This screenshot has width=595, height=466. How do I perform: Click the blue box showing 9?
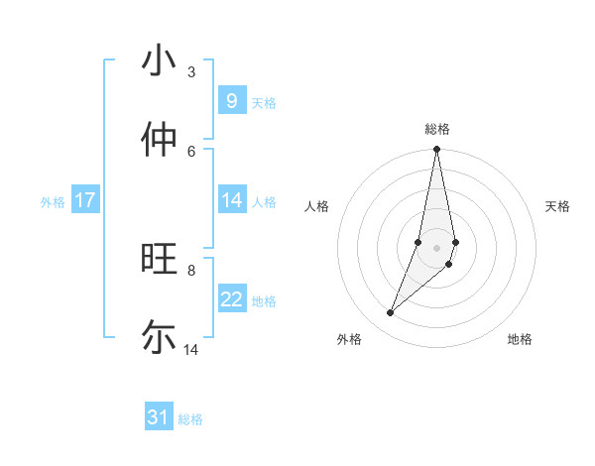point(231,101)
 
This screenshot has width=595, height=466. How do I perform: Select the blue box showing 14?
point(231,200)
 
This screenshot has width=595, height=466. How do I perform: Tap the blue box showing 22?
point(231,299)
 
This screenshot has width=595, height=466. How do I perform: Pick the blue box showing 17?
point(85,200)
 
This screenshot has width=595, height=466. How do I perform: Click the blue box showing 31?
point(159,417)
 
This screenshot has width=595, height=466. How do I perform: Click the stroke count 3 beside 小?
point(190,71)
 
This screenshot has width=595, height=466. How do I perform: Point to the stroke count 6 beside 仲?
point(190,151)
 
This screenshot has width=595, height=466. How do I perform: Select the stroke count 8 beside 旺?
point(190,270)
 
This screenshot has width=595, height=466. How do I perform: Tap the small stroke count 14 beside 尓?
point(191,349)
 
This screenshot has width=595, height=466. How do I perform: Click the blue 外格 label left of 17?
point(53,202)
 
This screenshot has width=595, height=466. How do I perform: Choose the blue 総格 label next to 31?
point(190,419)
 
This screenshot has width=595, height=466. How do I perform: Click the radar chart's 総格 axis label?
point(437,129)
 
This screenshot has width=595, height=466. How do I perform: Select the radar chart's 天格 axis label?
point(557,206)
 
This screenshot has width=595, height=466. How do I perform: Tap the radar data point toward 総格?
point(437,150)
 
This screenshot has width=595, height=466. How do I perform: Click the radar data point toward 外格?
point(391,312)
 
